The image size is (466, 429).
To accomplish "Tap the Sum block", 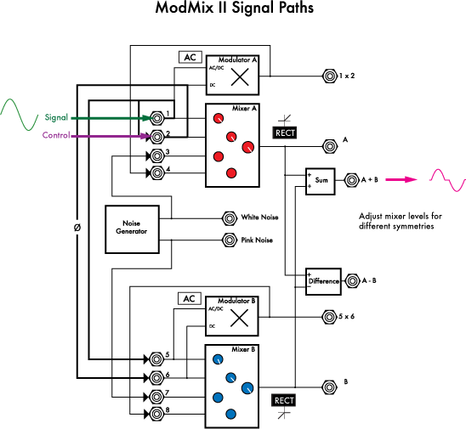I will pos(321,180).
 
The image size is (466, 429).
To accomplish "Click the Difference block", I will pos(323,279).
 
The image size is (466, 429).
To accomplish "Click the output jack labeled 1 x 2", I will pos(328,76).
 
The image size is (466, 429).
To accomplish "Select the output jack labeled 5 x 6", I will pos(328,318).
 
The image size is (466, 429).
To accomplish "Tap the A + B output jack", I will pos(350,180).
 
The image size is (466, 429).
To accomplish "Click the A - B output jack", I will pos(350,279).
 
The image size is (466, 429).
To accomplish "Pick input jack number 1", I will pos(156,116).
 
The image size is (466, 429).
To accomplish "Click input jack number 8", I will pos(156,413).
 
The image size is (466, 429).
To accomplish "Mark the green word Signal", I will pos(56,118).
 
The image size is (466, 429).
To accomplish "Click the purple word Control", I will pos(56,135).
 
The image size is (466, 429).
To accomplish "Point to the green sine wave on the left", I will pos(18,110).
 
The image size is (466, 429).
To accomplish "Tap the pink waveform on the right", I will pos(447,179).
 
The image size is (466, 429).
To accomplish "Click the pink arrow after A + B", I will pos(403,179).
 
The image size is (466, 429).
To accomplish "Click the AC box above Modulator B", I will pos(190,299).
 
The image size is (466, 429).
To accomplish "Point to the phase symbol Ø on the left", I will pos(77,228).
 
